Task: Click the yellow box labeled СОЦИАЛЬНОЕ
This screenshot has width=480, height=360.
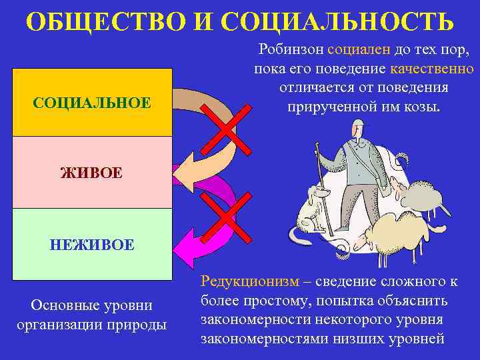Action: coord(91,103)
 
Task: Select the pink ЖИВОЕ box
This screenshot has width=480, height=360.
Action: coord(91,173)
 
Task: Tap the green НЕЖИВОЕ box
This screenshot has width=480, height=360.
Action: coord(91,244)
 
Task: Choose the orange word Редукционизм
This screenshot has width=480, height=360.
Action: coord(243,283)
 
